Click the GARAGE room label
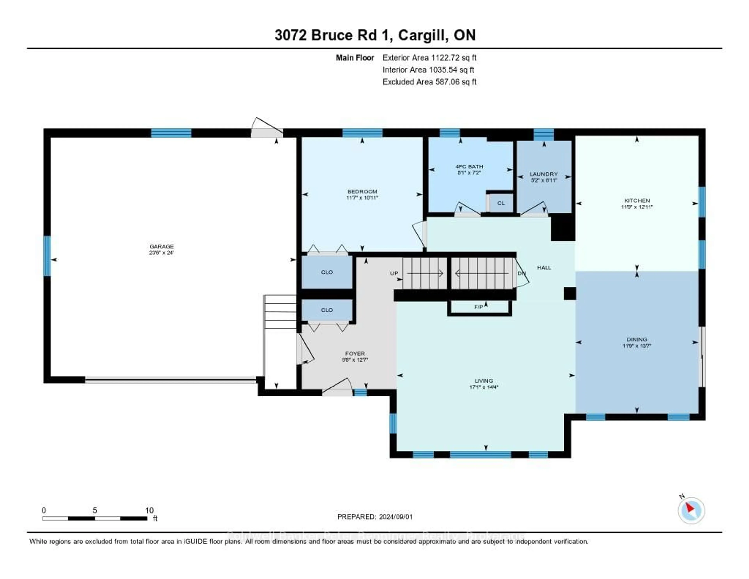coord(162,246)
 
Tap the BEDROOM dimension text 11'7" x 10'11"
coord(362,198)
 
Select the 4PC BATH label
coord(469,167)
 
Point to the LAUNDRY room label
coord(544,174)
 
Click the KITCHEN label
coord(637,200)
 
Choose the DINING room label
coord(637,339)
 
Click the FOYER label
coord(355,354)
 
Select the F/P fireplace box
coord(479,307)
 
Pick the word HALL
coord(544,268)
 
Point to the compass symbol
coord(691,510)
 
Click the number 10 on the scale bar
coord(149,510)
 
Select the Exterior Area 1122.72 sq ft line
coord(429,58)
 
